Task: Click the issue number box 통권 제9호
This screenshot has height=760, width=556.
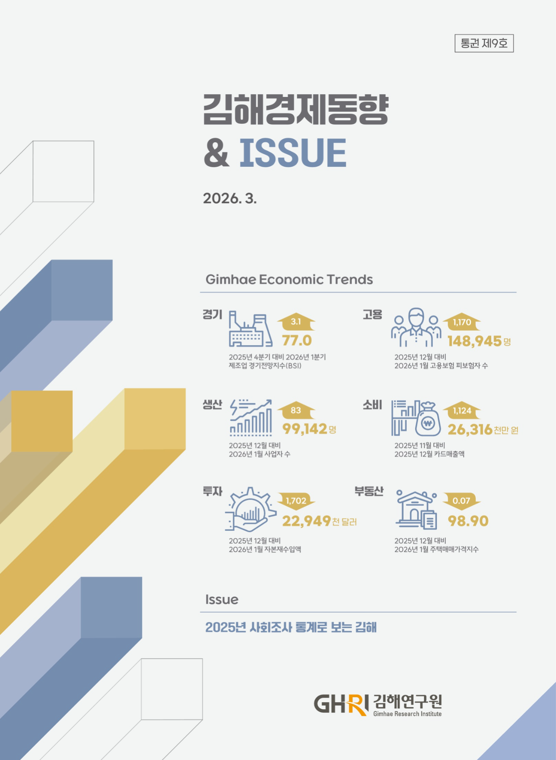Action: tap(484, 43)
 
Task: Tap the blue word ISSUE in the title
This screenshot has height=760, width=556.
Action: tap(293, 153)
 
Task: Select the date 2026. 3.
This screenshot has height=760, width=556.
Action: tap(230, 199)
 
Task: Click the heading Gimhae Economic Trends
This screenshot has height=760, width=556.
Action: tap(289, 280)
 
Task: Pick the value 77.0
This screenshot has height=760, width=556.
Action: tap(297, 340)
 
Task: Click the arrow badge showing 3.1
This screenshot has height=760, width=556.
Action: tap(296, 321)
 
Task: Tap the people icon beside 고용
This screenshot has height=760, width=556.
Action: tap(416, 328)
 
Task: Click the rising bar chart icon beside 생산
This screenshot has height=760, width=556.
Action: tap(251, 418)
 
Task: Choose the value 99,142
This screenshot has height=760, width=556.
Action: tap(305, 429)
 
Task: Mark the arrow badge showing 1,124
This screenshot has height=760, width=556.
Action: tap(462, 411)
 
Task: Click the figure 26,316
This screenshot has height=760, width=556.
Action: tap(470, 430)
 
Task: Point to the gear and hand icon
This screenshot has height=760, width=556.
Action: tap(250, 510)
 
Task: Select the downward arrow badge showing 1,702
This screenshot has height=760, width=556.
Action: tap(296, 501)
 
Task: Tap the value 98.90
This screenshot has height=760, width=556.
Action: tap(468, 521)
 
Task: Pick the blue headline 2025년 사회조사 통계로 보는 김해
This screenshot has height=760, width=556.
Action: tap(291, 627)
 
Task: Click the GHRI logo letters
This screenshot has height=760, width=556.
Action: tap(341, 704)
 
